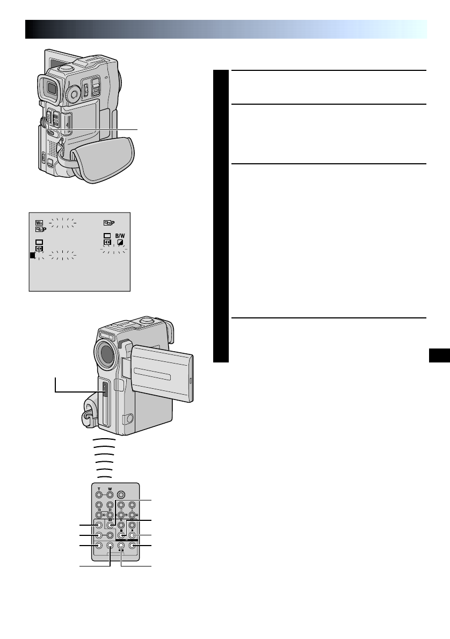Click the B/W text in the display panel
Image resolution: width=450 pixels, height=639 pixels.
coord(123,235)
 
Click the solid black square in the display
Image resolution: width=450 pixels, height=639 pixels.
coord(33,256)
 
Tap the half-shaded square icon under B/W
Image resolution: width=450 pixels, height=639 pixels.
coord(120,242)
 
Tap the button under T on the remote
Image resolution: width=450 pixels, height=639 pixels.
coord(99,495)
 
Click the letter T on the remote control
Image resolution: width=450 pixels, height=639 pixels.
coord(99,489)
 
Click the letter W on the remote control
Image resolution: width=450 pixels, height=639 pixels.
coord(109,489)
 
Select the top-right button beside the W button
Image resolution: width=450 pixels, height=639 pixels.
coord(121,495)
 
